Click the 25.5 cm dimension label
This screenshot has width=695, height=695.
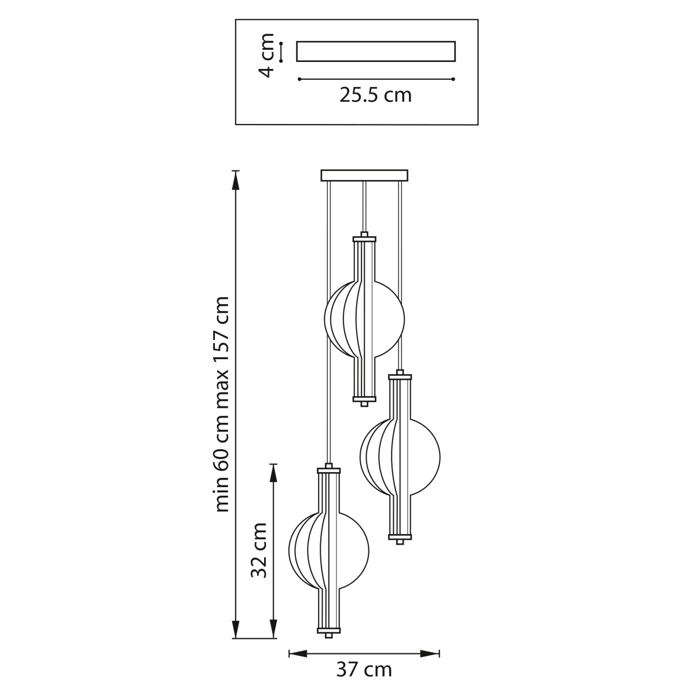point(375,95)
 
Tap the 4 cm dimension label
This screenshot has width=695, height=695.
point(267,55)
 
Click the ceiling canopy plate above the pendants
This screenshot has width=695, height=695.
point(364,175)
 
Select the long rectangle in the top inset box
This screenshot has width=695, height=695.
point(376,51)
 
